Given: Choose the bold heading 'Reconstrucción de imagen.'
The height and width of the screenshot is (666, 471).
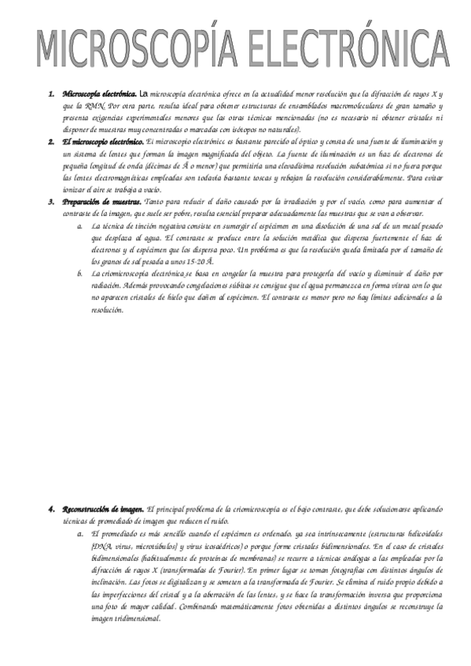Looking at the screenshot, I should click(x=103, y=510).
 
